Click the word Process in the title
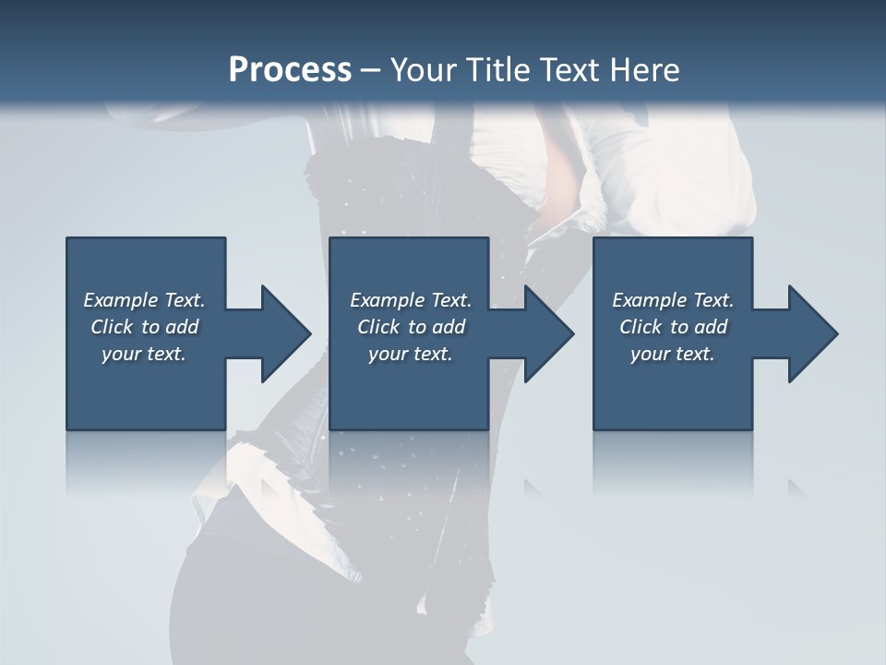(290, 70)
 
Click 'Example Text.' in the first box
(144, 300)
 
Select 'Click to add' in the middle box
(412, 327)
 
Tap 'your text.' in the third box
(673, 354)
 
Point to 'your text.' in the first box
(144, 354)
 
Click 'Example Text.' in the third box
(673, 300)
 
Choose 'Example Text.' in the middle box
(411, 300)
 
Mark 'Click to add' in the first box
(145, 327)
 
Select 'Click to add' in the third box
(674, 327)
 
